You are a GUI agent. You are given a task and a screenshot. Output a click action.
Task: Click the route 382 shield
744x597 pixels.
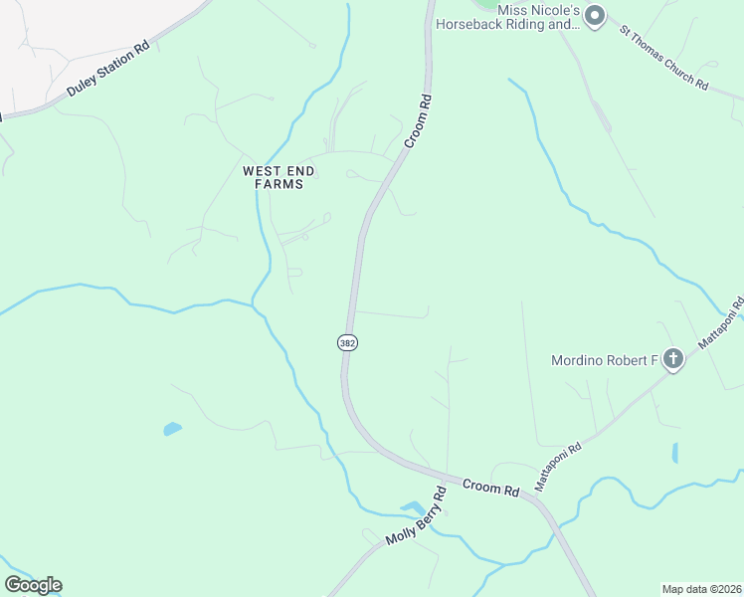click(346, 342)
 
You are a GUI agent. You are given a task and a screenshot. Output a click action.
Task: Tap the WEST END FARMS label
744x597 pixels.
click(279, 177)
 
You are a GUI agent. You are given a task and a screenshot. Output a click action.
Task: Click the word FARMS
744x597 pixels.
click(279, 184)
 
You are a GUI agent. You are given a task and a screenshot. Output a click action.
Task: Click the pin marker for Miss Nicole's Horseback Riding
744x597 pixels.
click(595, 15)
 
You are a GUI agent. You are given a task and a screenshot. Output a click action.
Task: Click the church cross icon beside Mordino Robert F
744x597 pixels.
click(673, 359)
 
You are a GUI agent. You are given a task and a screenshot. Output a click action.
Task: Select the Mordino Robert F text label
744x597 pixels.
click(605, 360)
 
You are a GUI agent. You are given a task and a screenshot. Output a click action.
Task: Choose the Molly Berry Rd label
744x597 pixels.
click(416, 519)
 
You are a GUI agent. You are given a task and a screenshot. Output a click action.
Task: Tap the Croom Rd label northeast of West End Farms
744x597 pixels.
click(418, 121)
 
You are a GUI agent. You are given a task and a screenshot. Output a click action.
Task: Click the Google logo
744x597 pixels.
click(33, 585)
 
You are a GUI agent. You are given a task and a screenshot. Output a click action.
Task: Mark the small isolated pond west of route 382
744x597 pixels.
click(172, 430)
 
